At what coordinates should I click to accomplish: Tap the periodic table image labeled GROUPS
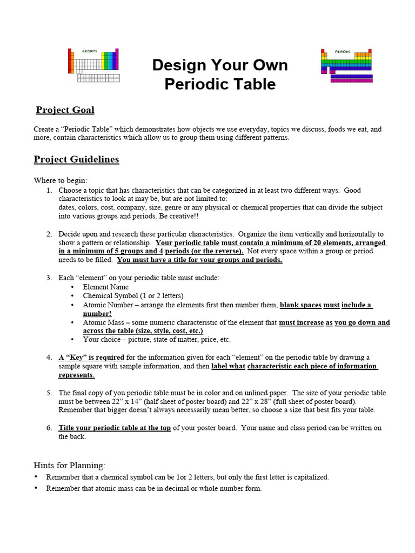pyautogui.click(x=93, y=64)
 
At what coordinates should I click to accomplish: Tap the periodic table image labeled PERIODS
pyautogui.click(x=346, y=65)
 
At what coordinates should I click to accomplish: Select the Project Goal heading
pyautogui.click(x=65, y=110)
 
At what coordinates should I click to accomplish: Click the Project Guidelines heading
pyautogui.click(x=76, y=159)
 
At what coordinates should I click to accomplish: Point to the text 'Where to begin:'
pyautogui.click(x=60, y=180)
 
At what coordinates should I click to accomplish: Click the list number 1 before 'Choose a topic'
pyautogui.click(x=49, y=191)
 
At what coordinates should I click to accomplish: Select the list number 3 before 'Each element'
pyautogui.click(x=49, y=278)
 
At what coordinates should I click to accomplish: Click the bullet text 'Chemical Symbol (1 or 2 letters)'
pyautogui.click(x=133, y=296)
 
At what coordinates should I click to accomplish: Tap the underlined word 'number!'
pyautogui.click(x=97, y=313)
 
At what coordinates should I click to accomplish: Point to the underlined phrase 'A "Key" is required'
pyautogui.click(x=91, y=358)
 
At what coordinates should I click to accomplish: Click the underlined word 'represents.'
pyautogui.click(x=77, y=375)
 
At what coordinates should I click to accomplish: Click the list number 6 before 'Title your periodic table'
pyautogui.click(x=49, y=428)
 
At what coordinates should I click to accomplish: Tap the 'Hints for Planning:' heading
pyautogui.click(x=70, y=465)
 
